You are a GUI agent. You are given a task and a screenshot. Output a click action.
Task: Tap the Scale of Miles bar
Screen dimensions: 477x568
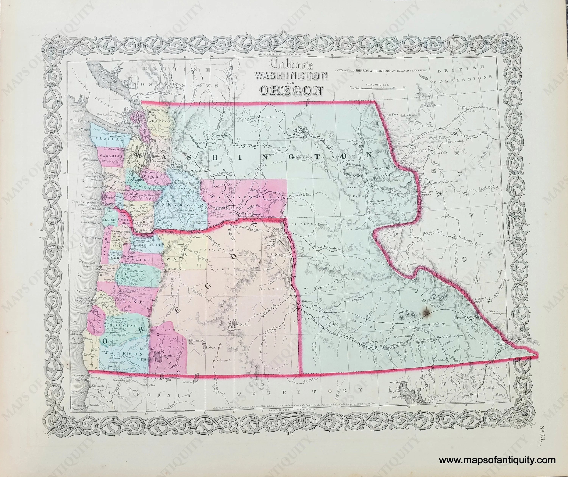pyautogui.click(x=378, y=87)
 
